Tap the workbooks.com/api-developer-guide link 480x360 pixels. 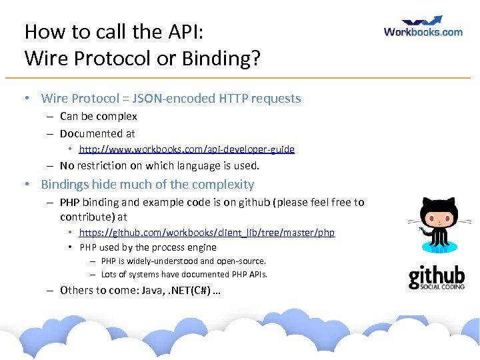(187, 149)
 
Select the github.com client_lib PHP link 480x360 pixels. (207, 233)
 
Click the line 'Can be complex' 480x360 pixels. (98, 116)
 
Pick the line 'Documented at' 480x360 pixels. (97, 133)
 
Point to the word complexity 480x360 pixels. (223, 185)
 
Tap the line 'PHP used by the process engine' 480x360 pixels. (148, 247)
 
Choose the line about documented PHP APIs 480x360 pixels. (184, 274)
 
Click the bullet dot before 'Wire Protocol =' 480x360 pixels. (26, 99)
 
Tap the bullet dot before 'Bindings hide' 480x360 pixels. (26, 185)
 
